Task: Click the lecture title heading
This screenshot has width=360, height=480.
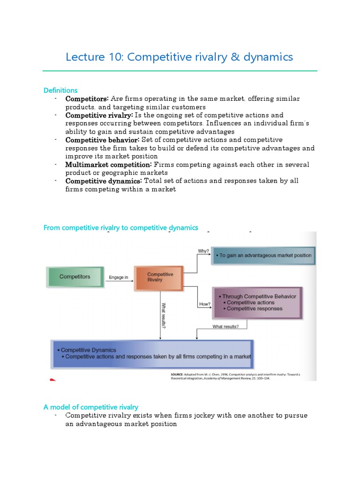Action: (x=180, y=57)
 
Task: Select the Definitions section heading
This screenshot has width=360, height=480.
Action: (x=60, y=90)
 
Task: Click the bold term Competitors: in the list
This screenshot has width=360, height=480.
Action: (x=87, y=99)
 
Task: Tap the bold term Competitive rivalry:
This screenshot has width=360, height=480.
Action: (x=99, y=115)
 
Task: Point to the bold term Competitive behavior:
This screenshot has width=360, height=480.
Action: (x=102, y=140)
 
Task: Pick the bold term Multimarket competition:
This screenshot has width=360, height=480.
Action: (x=109, y=165)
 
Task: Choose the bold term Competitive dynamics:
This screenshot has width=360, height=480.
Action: (x=103, y=181)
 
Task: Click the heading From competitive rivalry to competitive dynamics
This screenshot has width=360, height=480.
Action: (x=121, y=228)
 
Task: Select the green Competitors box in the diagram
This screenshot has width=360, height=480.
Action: (x=75, y=277)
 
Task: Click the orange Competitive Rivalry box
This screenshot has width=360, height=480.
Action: (x=160, y=277)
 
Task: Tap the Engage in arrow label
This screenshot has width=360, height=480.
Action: (x=118, y=277)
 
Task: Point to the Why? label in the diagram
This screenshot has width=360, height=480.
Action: (x=203, y=251)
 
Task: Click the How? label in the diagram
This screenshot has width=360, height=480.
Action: (x=205, y=304)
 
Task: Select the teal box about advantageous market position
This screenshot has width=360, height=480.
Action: (x=263, y=256)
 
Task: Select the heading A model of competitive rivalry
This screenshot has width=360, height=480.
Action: (x=91, y=407)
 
